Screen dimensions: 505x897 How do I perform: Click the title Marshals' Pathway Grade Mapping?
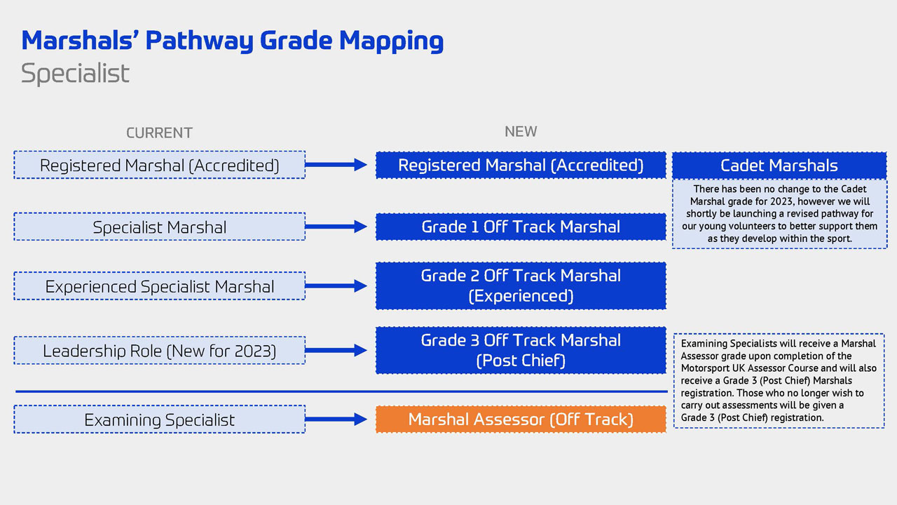point(232,41)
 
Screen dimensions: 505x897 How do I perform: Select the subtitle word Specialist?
point(75,74)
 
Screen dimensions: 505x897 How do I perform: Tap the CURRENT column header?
point(159,133)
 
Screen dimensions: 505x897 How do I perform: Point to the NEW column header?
point(521,131)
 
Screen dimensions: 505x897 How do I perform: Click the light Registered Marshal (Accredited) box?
point(159,166)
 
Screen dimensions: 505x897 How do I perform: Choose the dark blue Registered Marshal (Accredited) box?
point(521,166)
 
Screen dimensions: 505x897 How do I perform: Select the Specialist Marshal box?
point(159,227)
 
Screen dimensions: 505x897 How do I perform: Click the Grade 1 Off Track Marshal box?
point(521,227)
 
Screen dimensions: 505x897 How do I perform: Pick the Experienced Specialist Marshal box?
point(159,286)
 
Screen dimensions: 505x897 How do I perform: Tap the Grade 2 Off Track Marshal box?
point(521,285)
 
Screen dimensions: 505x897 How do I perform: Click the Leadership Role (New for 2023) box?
point(159,351)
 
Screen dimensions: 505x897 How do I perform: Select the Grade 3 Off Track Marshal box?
point(521,350)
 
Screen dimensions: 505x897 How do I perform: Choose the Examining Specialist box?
point(159,419)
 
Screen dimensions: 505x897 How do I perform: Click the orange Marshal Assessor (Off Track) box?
point(521,419)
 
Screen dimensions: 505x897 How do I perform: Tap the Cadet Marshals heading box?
point(779,166)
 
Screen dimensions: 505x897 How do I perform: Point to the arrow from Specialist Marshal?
point(336,227)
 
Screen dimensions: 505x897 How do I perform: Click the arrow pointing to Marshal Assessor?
point(336,419)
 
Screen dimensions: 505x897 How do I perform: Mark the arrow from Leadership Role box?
point(336,350)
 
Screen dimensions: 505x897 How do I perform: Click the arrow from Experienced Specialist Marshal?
point(336,285)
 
